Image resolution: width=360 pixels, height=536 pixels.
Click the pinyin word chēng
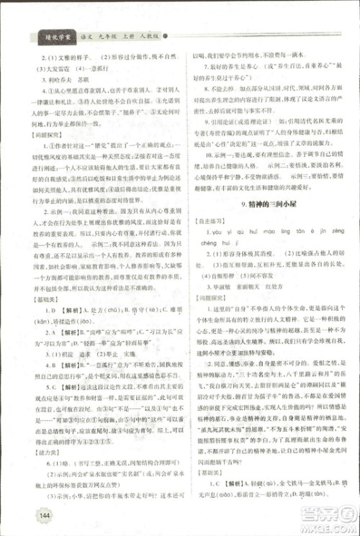(204, 244)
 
